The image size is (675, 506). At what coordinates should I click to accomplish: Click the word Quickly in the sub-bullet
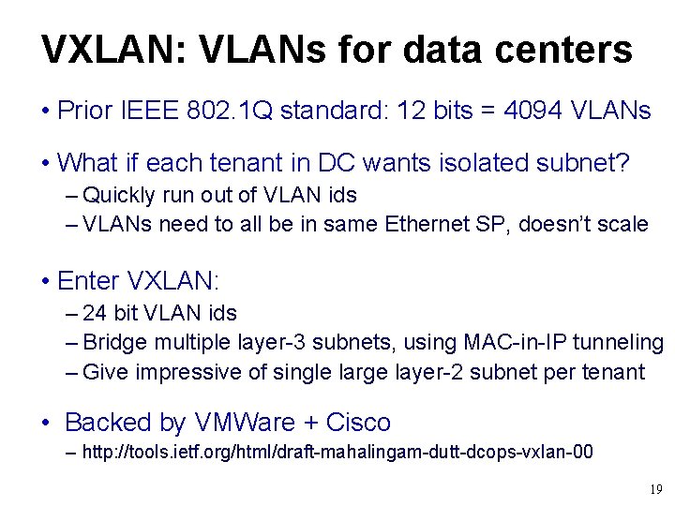click(x=119, y=195)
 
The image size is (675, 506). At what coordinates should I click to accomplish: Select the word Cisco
click(x=357, y=423)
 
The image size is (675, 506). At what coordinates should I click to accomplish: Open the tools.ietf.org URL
click(x=337, y=453)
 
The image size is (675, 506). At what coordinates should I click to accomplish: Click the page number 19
click(x=655, y=489)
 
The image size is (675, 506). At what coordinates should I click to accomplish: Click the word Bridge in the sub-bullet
click(x=113, y=343)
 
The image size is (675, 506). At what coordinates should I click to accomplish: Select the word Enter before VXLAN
click(x=88, y=280)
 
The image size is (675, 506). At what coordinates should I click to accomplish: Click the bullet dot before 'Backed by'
click(x=46, y=424)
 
